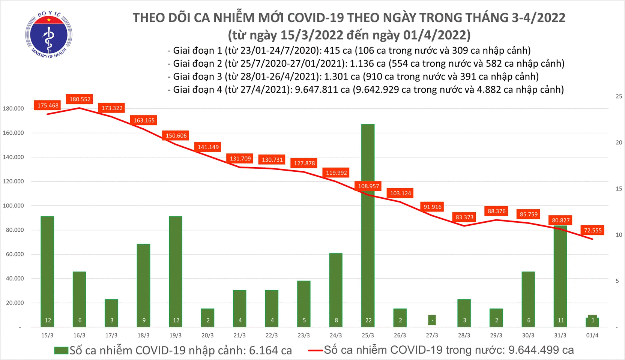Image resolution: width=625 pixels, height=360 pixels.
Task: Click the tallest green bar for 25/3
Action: [x=368, y=225]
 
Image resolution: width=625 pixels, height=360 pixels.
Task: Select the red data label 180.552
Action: [x=80, y=99]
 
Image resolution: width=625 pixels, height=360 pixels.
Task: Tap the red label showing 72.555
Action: [x=593, y=230]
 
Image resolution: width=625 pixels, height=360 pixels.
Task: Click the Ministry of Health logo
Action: [x=49, y=35]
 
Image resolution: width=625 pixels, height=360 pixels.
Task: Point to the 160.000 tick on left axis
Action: [x=14, y=133]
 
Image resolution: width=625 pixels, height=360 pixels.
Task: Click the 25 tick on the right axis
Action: [x=619, y=96]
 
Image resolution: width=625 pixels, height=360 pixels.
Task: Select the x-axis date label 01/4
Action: [x=592, y=335]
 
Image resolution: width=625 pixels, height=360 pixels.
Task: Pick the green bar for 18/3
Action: [x=144, y=285]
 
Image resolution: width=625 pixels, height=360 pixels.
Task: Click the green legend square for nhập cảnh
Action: [x=61, y=350]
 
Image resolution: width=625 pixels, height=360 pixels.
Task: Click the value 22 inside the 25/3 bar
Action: [x=368, y=320]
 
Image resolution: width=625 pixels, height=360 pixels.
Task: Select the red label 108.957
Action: [x=368, y=186]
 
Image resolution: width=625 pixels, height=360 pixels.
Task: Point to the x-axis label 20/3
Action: [x=207, y=335]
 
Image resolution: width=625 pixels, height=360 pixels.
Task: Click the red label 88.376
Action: [x=496, y=211]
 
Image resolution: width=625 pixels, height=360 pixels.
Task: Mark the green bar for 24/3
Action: [x=336, y=289]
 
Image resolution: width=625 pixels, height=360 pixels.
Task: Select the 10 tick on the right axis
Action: [x=619, y=235]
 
